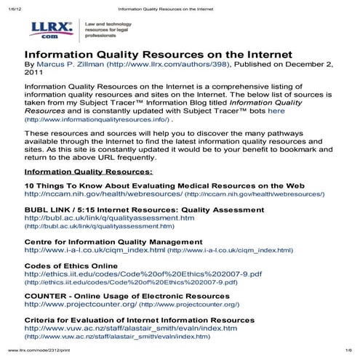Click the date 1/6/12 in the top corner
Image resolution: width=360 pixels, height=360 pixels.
coord(13,6)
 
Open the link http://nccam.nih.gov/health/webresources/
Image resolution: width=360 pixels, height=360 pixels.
coord(103,194)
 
